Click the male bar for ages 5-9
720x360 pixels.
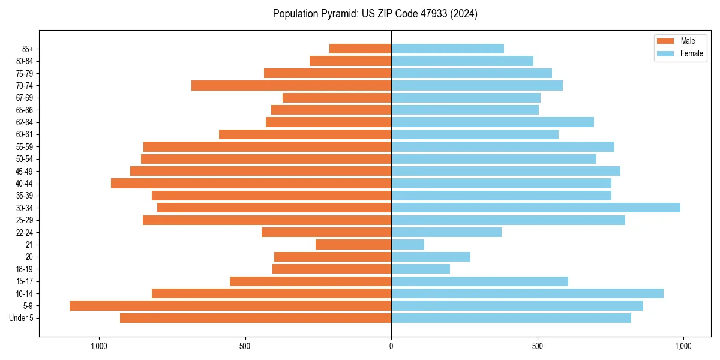tap(230, 305)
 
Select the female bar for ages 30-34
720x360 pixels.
tap(536, 208)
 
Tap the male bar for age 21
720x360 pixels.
tap(353, 244)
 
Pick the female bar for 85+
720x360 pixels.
tap(448, 49)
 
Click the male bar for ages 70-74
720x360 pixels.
tap(291, 85)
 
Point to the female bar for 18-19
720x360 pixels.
tap(421, 269)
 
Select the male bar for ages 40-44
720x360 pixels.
tap(251, 183)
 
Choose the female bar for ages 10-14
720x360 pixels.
tap(527, 293)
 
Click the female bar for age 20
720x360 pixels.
tap(431, 257)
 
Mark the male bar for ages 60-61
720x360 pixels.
tap(305, 134)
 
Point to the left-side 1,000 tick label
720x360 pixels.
tap(98, 346)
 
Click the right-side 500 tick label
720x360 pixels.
tap(537, 346)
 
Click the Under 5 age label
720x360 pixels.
tap(21, 318)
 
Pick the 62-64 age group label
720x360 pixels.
tap(25, 122)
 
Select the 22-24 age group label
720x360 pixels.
tap(25, 232)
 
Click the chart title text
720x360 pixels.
tap(375, 14)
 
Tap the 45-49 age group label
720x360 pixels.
tap(25, 171)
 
